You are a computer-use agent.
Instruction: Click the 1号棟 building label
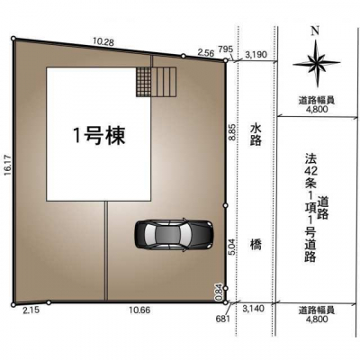coord(99,136)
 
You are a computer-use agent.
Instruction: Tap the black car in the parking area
coord(175,235)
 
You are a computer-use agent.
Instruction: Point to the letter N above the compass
coord(315,31)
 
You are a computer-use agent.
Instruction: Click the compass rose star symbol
coord(317,64)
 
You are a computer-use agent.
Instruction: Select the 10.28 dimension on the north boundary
coord(103,42)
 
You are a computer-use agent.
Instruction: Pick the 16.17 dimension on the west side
coord(8,166)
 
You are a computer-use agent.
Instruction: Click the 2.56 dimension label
coord(205,53)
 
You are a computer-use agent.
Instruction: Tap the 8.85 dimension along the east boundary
coord(232,132)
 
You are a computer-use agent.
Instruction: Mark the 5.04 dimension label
coord(232,249)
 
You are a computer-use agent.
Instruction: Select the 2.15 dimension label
coord(31,310)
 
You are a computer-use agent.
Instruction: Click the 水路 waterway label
coord(256,135)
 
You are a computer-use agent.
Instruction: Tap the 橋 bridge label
coord(256,246)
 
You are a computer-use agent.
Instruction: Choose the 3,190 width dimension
coord(256,55)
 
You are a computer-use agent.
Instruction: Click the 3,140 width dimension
coord(255,309)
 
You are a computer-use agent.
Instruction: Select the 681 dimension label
coord(223,319)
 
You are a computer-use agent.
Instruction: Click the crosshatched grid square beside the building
coord(143,82)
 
